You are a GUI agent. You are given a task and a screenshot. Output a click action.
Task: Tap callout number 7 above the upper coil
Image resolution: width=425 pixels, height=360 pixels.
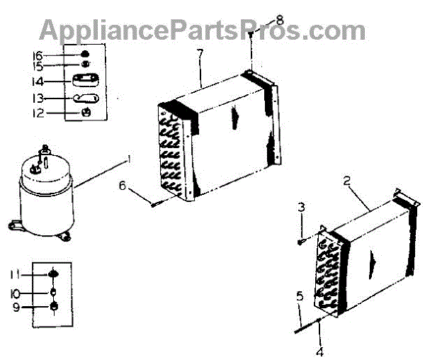point(201,55)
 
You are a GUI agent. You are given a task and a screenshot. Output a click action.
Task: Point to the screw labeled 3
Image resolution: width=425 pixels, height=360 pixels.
point(301,242)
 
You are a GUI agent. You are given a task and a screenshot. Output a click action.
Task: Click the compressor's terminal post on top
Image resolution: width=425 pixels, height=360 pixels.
point(45,150)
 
